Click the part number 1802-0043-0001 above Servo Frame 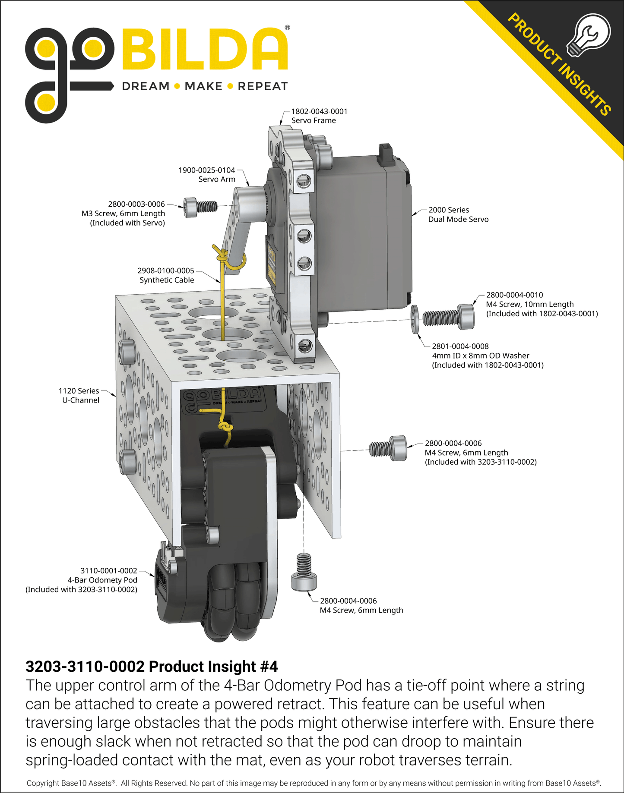(319, 111)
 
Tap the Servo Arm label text (217, 179)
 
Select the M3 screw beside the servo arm (200, 207)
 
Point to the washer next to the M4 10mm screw (415, 319)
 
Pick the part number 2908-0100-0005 (166, 271)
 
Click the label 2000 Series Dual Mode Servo (458, 214)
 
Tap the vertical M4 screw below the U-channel (304, 572)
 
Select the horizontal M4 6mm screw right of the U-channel (388, 448)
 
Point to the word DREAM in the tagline (146, 86)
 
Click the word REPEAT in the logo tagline (263, 86)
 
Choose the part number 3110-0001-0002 (109, 571)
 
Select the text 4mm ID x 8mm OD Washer (480, 356)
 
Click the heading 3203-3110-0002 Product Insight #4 (152, 667)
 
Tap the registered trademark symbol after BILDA (288, 28)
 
